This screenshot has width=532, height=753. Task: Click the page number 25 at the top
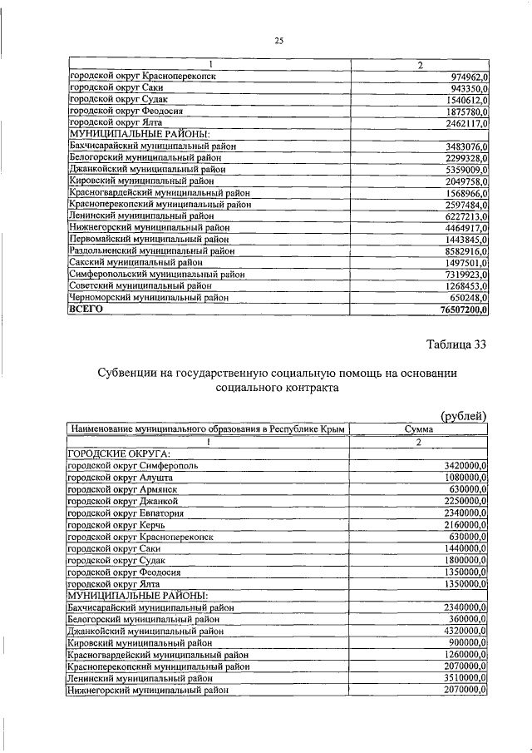pyautogui.click(x=279, y=40)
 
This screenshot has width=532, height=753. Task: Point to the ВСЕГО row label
pyautogui.click(x=86, y=309)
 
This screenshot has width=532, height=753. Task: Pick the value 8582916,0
pyautogui.click(x=464, y=250)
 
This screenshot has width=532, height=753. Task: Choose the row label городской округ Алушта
pyautogui.click(x=121, y=478)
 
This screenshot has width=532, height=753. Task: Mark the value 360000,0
pyautogui.click(x=468, y=619)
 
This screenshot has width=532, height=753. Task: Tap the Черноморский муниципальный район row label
pyautogui.click(x=148, y=297)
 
